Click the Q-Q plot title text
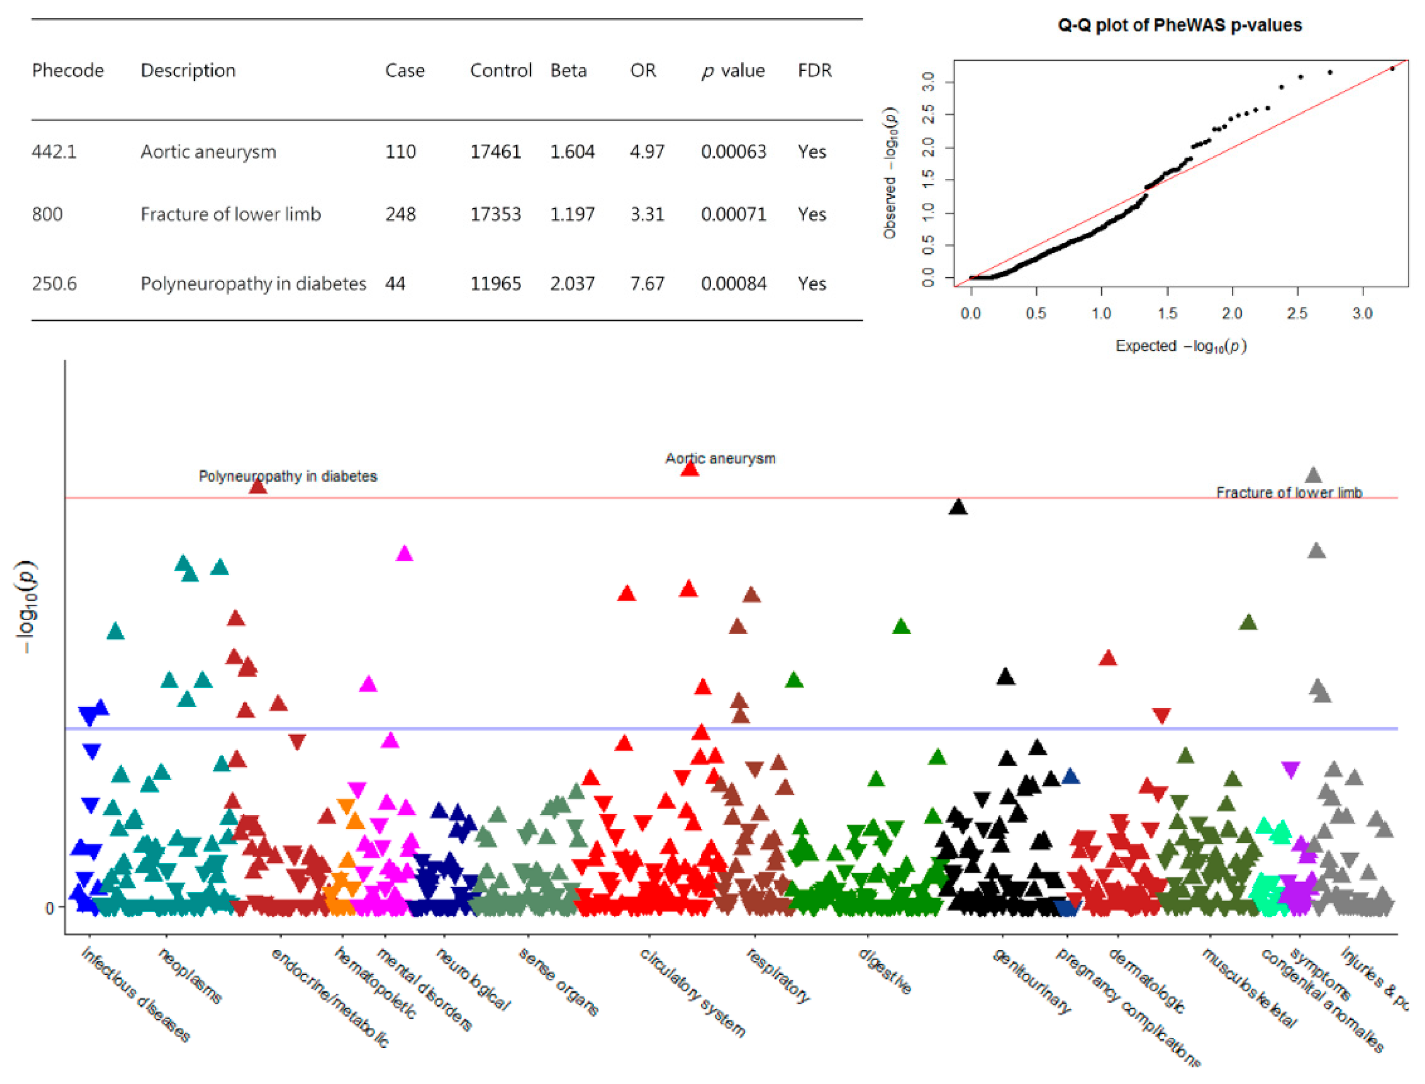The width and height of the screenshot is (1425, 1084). click(x=1179, y=25)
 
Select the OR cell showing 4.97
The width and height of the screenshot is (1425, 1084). click(x=647, y=152)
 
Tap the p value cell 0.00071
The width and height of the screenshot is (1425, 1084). click(x=733, y=214)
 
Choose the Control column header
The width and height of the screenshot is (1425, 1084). click(x=500, y=71)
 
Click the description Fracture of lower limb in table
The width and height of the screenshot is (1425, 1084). click(x=231, y=214)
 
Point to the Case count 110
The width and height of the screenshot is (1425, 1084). click(x=400, y=152)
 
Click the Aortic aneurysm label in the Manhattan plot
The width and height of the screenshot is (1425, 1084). click(x=720, y=458)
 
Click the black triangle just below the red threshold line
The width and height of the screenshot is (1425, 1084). click(x=958, y=508)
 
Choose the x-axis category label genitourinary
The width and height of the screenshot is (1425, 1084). click(x=1031, y=981)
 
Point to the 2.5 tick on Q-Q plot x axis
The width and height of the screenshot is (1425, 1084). click(x=1297, y=314)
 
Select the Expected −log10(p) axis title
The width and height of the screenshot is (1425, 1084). click(x=1181, y=346)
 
